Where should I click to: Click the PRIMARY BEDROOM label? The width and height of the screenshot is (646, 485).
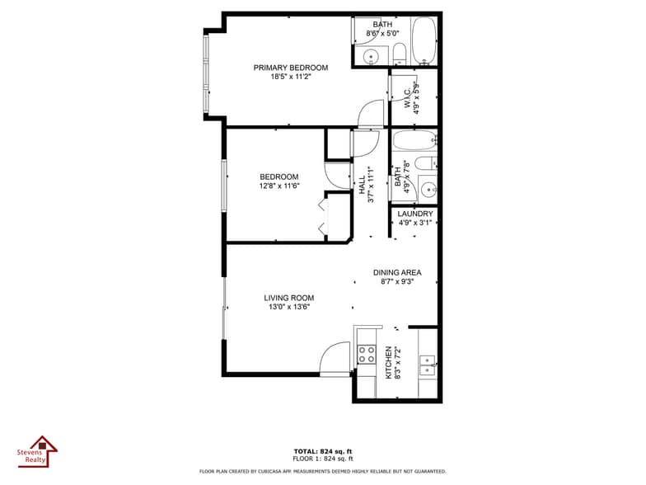(x=290, y=68)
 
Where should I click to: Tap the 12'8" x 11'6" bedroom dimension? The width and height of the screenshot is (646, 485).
(x=279, y=186)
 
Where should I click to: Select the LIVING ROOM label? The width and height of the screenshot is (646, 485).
(x=288, y=298)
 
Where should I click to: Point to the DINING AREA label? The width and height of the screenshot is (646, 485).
(x=397, y=272)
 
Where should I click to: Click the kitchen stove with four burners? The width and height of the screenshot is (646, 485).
(x=366, y=356)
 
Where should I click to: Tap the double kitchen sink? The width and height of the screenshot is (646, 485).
(x=427, y=364)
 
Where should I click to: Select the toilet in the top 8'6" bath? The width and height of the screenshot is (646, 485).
(x=400, y=54)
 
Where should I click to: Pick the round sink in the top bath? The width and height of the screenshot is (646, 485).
(x=371, y=56)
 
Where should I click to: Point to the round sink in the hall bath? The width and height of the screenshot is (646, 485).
(x=428, y=189)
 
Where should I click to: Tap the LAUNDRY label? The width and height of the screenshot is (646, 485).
(x=415, y=214)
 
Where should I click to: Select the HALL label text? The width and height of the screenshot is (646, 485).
(x=361, y=186)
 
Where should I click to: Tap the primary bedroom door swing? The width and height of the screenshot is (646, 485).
(x=372, y=113)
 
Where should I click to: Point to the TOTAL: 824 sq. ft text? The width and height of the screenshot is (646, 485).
(x=323, y=451)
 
